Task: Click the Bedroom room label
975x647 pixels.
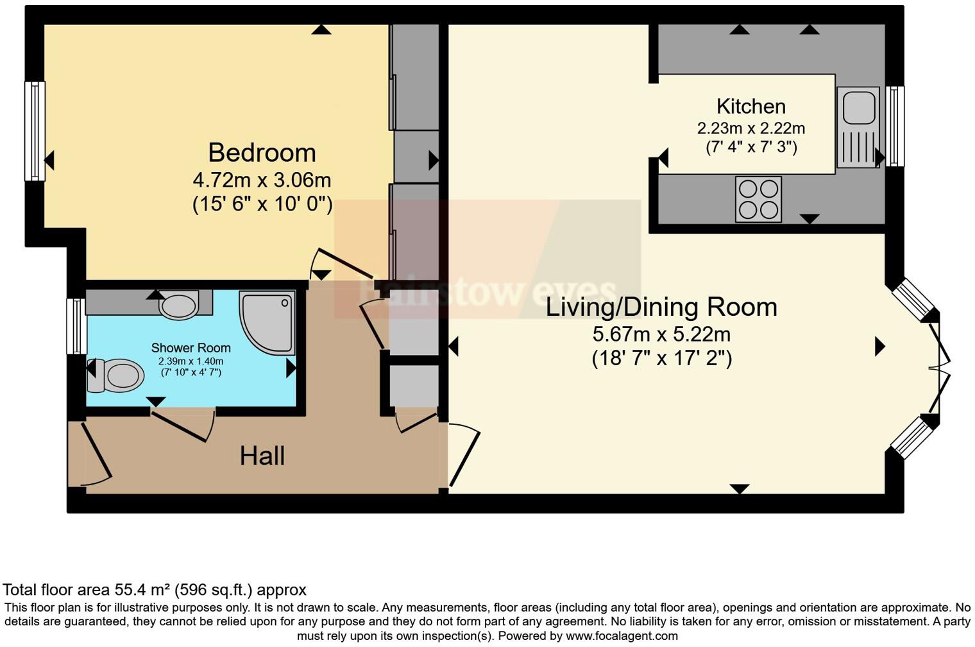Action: pyautogui.click(x=262, y=153)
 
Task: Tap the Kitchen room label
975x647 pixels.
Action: pyautogui.click(x=750, y=106)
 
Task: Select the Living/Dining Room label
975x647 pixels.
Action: pyautogui.click(x=661, y=307)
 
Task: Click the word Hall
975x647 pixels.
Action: pyautogui.click(x=262, y=456)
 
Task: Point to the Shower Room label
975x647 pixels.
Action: pyautogui.click(x=191, y=348)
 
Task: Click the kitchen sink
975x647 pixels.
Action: pyautogui.click(x=858, y=127)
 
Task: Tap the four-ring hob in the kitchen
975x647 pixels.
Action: pyautogui.click(x=758, y=199)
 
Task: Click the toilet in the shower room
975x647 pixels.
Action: pyautogui.click(x=117, y=375)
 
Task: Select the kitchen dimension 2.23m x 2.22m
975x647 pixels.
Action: pyautogui.click(x=750, y=128)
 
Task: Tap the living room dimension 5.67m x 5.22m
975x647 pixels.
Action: pyautogui.click(x=661, y=334)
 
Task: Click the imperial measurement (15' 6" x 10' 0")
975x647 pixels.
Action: pyautogui.click(x=262, y=204)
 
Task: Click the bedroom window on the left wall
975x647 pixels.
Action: pyautogui.click(x=35, y=131)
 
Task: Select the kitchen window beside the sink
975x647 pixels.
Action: pyautogui.click(x=895, y=126)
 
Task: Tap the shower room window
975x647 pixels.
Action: pyautogui.click(x=76, y=325)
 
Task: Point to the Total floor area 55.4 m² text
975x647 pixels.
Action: pyautogui.click(x=154, y=589)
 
